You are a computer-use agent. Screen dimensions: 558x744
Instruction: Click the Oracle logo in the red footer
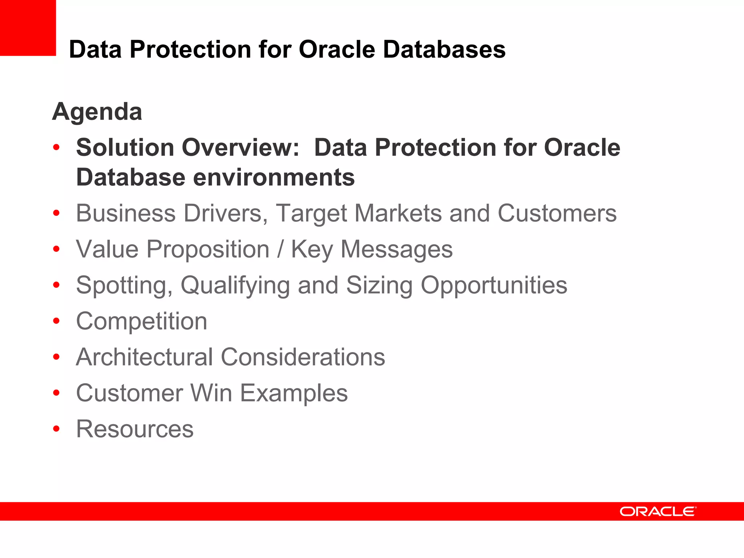pos(658,511)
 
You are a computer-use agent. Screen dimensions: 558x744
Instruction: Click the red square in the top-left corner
pos(28,28)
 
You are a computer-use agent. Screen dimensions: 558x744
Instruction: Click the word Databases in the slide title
pos(444,49)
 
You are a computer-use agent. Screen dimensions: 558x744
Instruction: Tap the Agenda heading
pos(97,112)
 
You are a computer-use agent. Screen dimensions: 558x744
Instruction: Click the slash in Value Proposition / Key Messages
pos(280,249)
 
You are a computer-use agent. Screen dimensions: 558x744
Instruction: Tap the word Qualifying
pos(235,285)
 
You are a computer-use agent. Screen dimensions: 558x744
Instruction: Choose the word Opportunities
pos(494,285)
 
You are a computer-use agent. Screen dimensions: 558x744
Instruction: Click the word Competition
pos(142,321)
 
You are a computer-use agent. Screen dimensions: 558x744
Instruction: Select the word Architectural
pos(144,357)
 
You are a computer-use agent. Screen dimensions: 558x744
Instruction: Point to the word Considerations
pos(303,357)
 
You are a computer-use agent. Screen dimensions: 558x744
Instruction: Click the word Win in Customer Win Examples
pos(211,393)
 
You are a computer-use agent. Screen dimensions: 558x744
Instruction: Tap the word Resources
pos(135,429)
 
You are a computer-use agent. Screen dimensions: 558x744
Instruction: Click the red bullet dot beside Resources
pos(56,429)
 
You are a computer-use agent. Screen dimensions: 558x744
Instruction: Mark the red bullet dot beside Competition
pos(56,321)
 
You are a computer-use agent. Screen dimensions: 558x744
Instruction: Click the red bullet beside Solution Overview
pos(56,148)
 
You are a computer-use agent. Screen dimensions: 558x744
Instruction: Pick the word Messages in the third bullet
pos(396,249)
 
